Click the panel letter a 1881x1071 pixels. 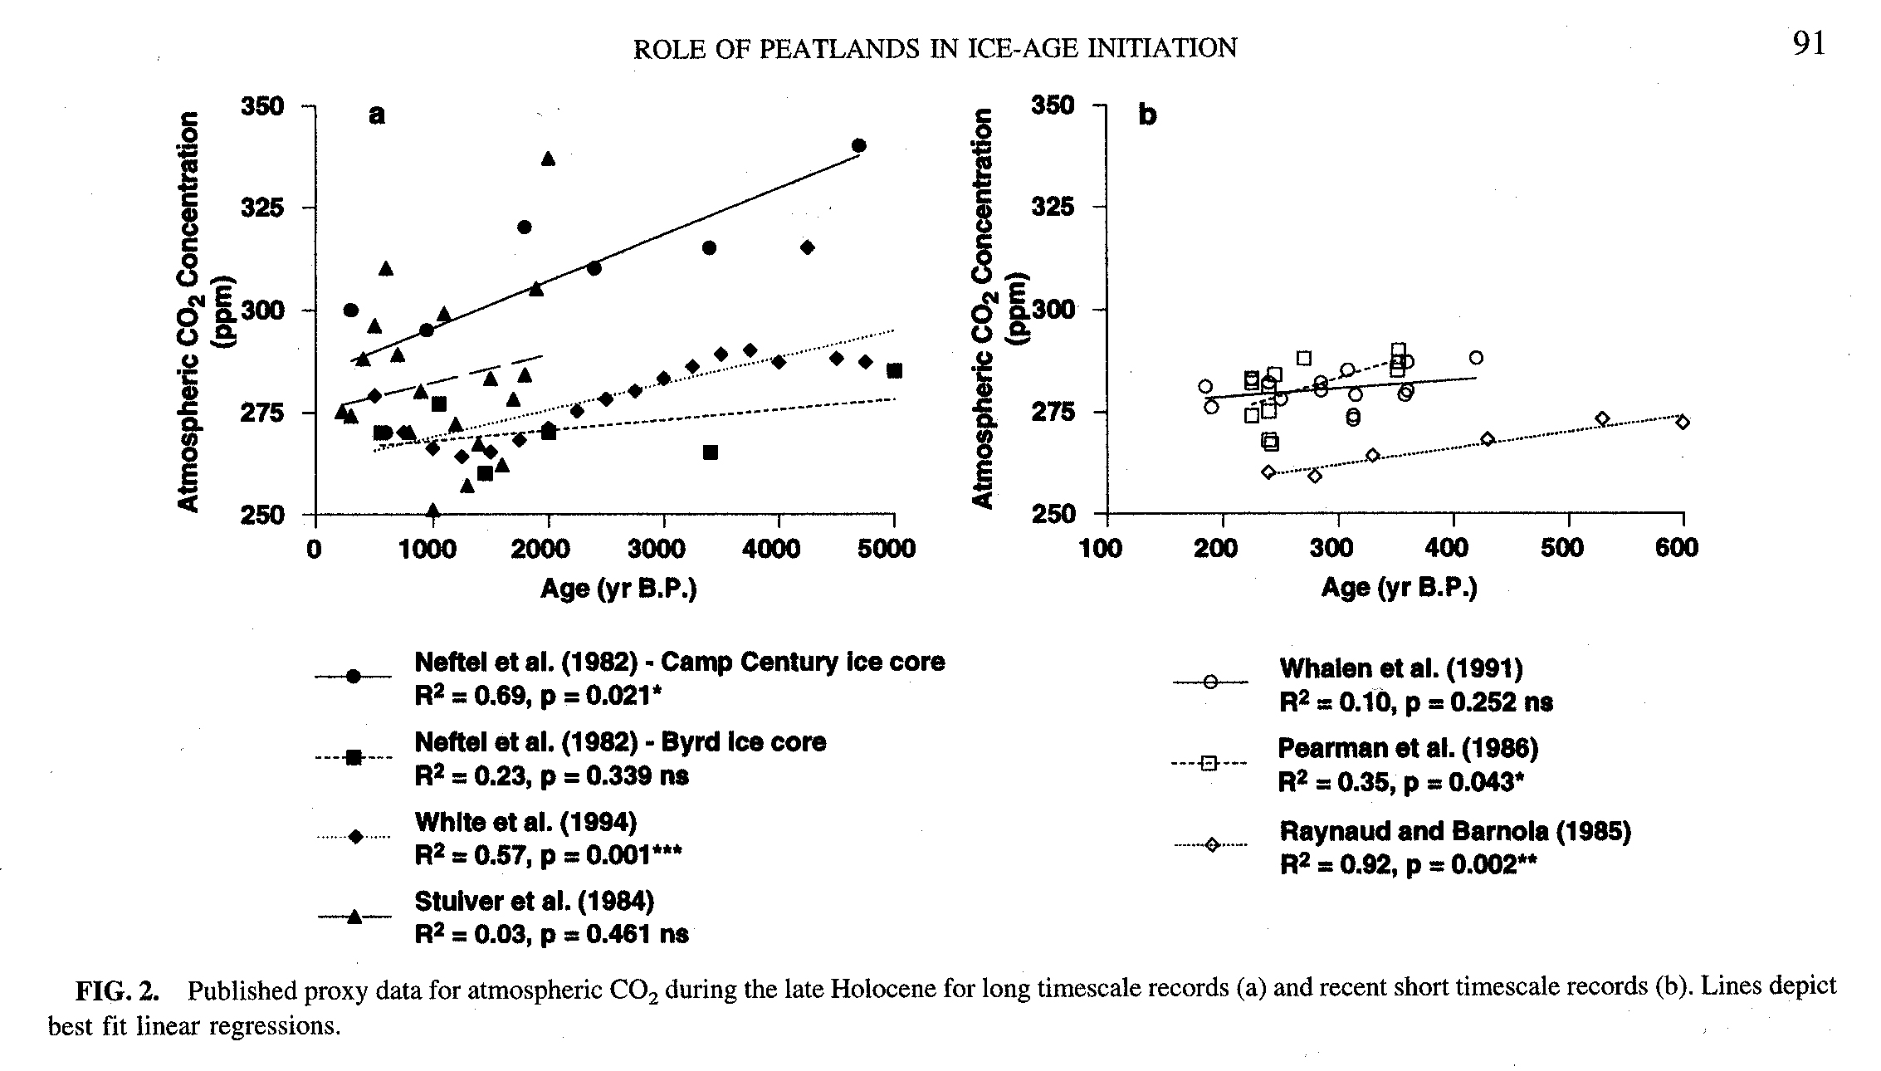377,115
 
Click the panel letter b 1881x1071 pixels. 1147,115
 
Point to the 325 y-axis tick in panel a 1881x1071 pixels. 262,208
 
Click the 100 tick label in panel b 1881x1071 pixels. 1101,549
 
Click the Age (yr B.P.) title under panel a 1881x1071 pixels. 618,589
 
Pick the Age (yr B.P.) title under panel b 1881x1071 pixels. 1400,588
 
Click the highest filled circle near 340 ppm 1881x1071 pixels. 859,146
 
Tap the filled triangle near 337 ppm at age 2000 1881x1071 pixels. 548,159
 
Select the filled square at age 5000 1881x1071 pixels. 894,371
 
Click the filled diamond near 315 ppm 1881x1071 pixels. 807,247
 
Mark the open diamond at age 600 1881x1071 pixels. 1683,423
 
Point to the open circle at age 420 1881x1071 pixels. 1476,358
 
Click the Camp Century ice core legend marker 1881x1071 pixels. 353,677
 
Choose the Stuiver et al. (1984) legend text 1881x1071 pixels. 535,901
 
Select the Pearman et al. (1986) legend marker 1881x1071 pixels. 1209,764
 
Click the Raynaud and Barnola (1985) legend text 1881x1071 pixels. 1455,831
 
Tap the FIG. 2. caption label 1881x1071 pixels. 117,991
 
